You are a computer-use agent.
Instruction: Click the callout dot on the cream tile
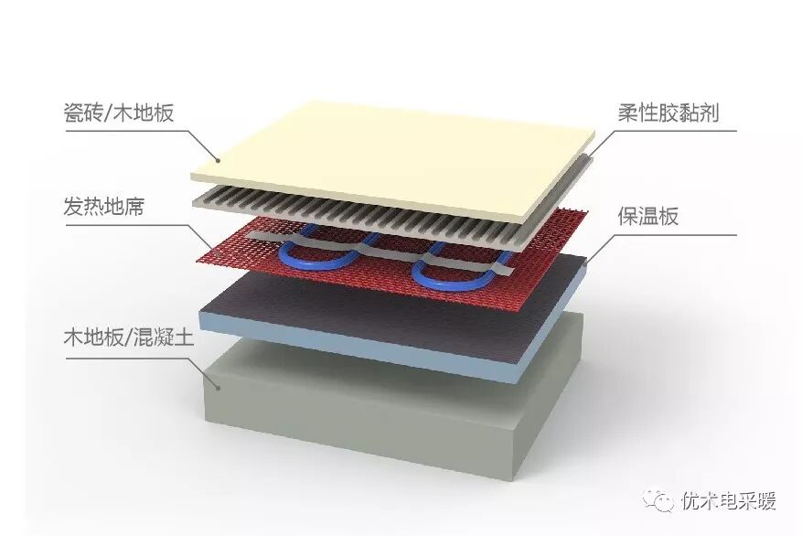(x=218, y=160)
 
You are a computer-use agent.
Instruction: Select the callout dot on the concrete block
(x=217, y=388)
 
